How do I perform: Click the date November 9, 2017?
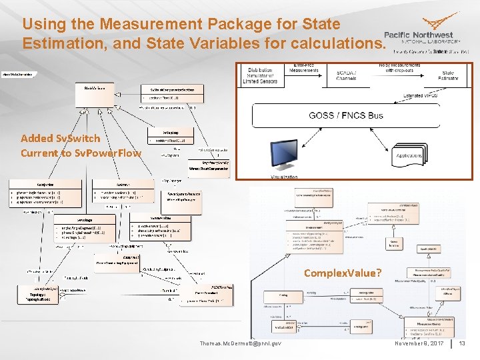click(x=419, y=343)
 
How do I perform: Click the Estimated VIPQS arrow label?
click(x=422, y=96)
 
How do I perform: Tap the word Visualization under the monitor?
click(x=284, y=177)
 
